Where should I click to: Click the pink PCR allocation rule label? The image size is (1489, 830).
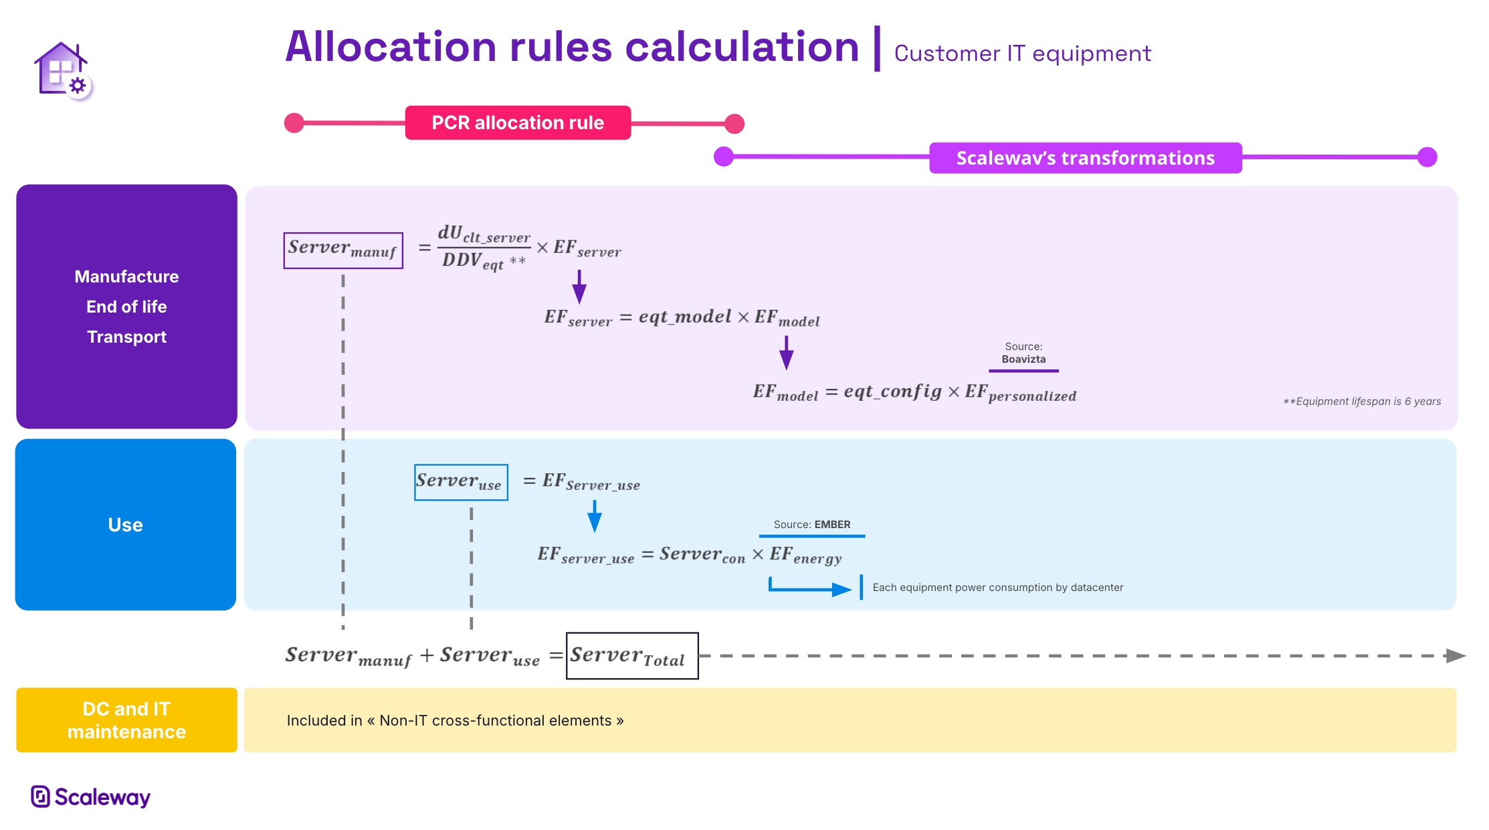517,122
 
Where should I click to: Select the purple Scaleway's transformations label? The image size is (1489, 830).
1085,158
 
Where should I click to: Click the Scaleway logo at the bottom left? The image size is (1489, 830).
91,797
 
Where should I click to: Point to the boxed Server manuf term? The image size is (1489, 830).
342,250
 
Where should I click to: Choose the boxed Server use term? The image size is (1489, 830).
460,482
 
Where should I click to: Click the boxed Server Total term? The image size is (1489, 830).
631,656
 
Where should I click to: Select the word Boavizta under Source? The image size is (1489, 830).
1023,359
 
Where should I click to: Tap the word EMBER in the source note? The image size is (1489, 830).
832,525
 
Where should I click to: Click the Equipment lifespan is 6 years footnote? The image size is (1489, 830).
1362,402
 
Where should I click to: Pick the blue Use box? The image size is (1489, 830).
126,525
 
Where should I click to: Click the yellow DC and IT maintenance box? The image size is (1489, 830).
126,720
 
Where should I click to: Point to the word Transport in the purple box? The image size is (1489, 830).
126,337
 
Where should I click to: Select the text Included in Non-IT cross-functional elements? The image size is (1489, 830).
455,721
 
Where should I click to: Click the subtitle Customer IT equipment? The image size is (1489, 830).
1022,54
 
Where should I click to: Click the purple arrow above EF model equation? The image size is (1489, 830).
787,353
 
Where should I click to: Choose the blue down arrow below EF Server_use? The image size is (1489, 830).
594,517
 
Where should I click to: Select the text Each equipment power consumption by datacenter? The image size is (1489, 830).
997,588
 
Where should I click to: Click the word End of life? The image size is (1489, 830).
126,307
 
